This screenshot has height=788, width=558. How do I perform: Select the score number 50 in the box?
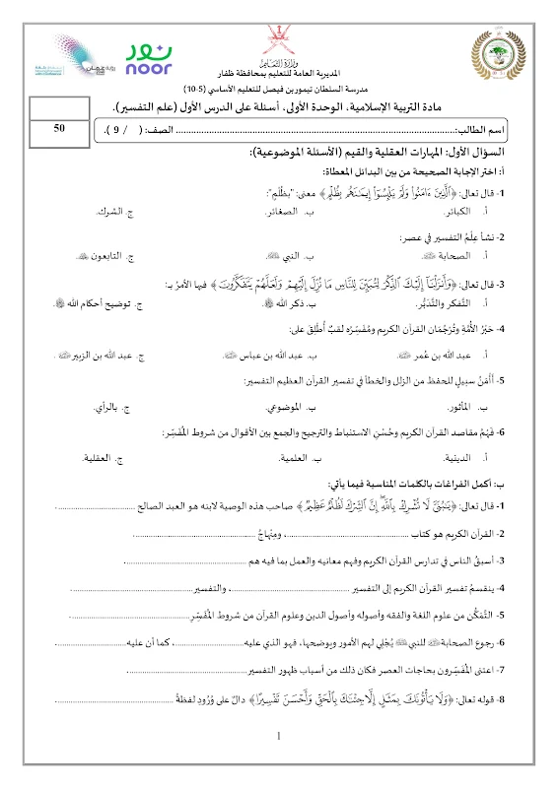59,128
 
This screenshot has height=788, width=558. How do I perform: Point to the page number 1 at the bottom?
280,735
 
